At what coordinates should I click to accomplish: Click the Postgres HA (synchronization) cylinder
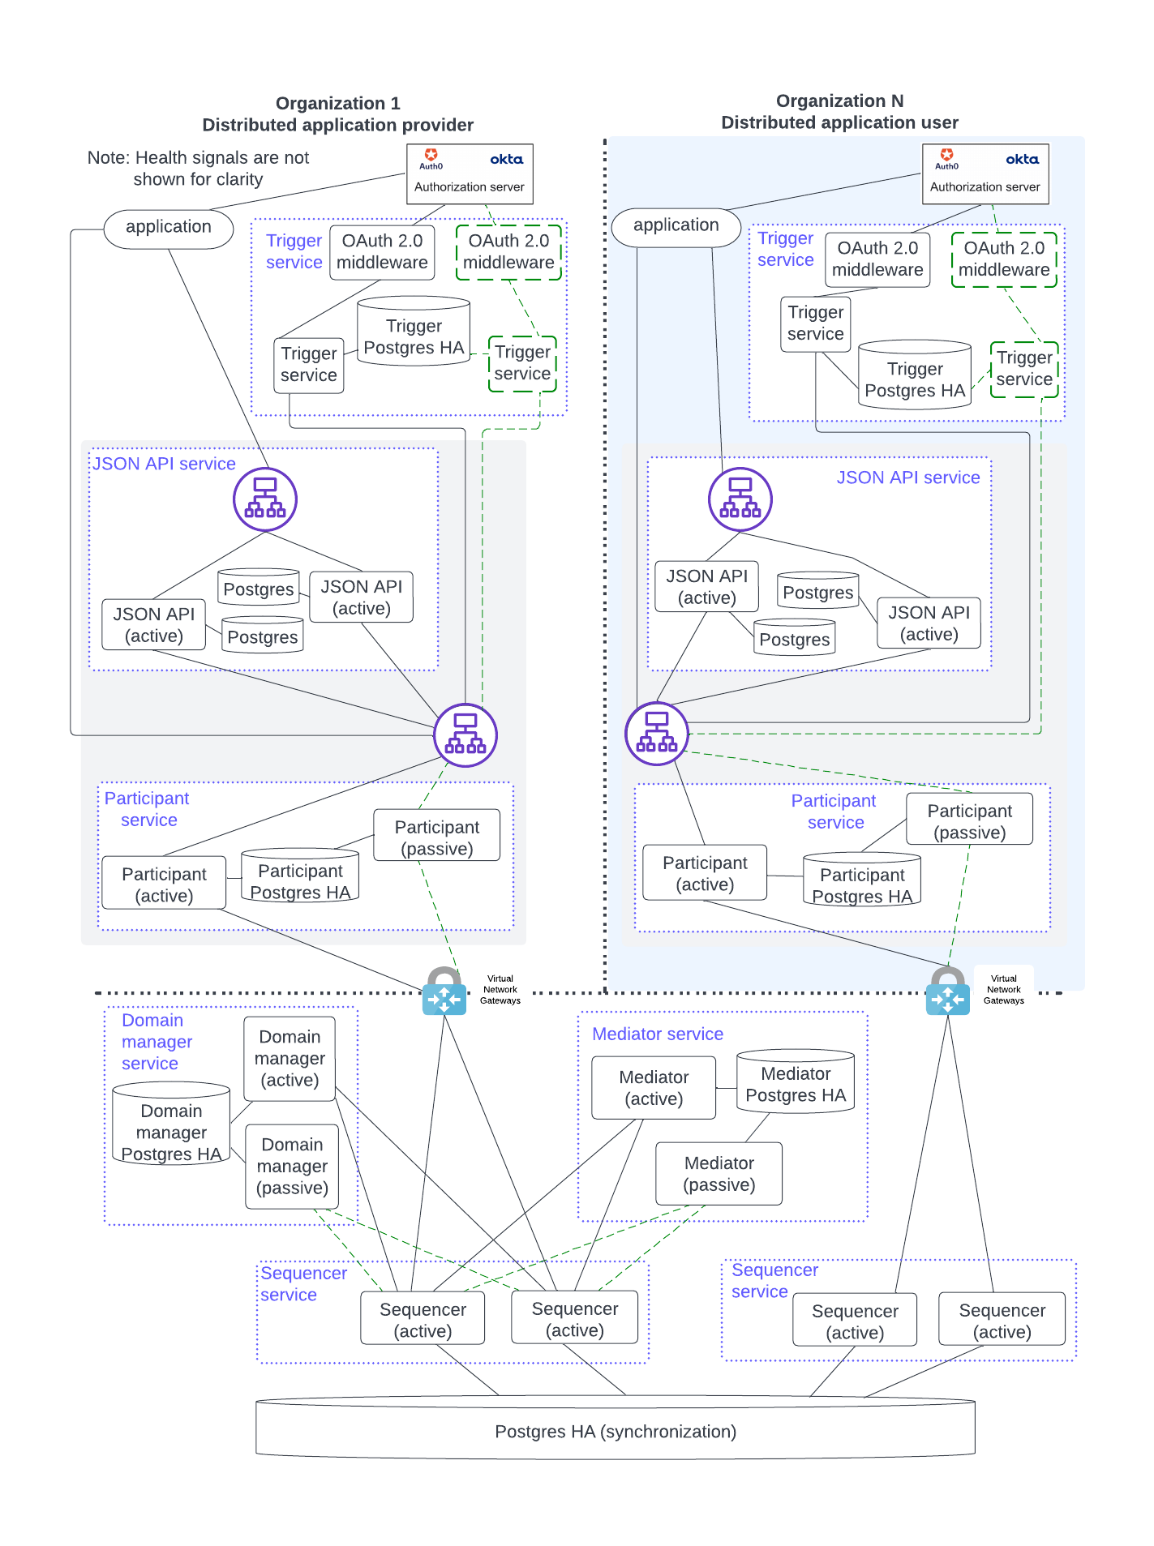615,1430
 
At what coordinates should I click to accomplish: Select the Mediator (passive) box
719,1174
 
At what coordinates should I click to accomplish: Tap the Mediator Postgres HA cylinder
795,1083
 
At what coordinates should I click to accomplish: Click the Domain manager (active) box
290,1058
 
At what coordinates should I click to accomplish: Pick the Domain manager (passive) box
292,1166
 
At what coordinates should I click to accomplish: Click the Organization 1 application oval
169,227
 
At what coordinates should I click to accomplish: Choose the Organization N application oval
676,225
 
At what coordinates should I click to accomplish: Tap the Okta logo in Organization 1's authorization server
506,160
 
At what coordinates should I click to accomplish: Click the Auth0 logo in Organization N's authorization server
946,158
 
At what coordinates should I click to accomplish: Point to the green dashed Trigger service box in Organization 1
522,363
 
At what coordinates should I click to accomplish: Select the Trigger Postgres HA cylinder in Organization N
914,376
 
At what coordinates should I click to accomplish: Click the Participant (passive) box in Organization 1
436,837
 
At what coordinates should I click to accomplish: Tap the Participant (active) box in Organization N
705,873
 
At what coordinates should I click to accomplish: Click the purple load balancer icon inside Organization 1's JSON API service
265,499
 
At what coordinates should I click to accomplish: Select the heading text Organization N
839,101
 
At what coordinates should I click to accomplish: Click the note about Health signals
198,168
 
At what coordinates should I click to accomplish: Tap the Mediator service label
657,1034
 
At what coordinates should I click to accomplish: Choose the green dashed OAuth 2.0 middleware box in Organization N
1003,259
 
